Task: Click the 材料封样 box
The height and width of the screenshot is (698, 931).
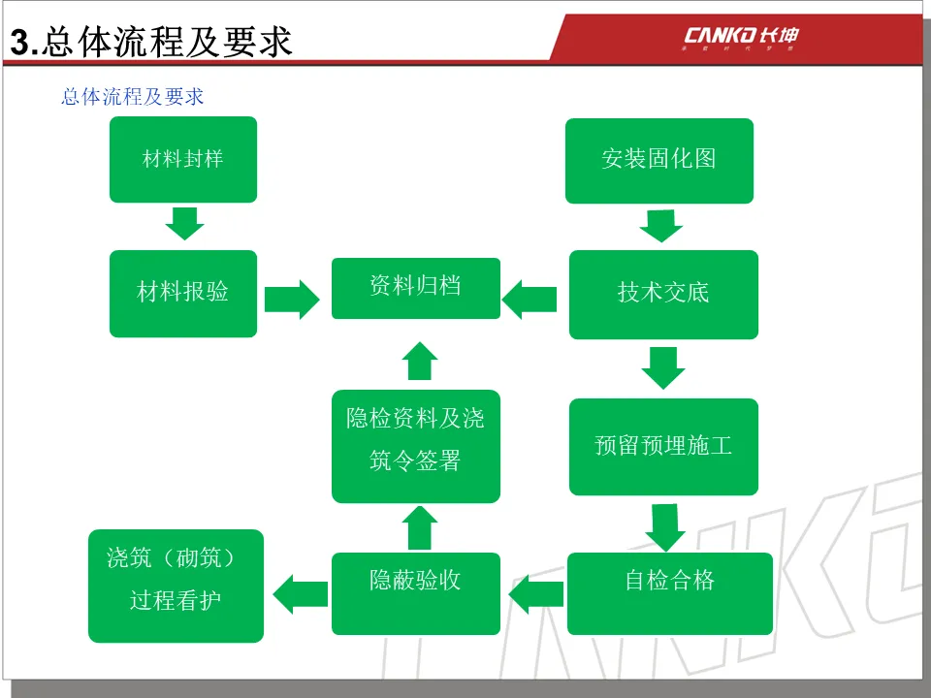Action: [183, 159]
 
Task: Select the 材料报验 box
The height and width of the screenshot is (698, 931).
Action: [183, 293]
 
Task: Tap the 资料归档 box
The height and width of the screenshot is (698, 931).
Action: [416, 288]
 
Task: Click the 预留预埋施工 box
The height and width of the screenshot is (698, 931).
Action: [663, 446]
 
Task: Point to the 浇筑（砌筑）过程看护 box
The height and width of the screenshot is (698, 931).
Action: [176, 586]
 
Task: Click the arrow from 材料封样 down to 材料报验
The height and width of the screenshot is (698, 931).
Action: [184, 222]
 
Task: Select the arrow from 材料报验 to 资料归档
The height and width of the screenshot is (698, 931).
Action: [291, 298]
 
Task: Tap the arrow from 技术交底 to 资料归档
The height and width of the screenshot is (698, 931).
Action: [530, 298]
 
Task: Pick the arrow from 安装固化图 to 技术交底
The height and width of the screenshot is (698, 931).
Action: [661, 226]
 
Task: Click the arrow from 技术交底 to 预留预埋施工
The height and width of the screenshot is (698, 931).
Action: [663, 367]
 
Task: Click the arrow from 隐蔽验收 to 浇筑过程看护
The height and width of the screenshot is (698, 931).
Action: [300, 591]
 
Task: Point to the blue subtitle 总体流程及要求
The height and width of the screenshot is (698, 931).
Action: [132, 97]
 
